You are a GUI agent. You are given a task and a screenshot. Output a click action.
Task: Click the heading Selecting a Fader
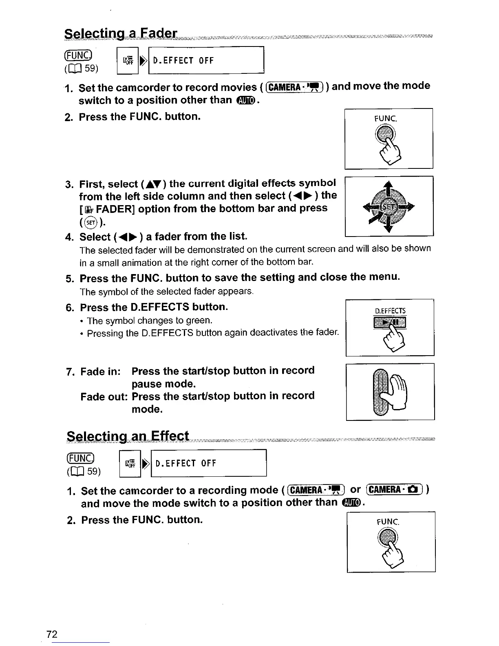(x=121, y=33)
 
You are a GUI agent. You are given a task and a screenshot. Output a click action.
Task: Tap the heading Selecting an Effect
(x=128, y=436)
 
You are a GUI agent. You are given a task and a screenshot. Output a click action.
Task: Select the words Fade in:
(x=100, y=372)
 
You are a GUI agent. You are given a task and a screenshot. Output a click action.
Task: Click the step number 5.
(x=69, y=279)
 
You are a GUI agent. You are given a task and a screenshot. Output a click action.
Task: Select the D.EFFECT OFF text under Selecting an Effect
(x=185, y=463)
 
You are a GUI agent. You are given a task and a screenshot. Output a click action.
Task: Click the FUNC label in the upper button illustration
(x=385, y=119)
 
